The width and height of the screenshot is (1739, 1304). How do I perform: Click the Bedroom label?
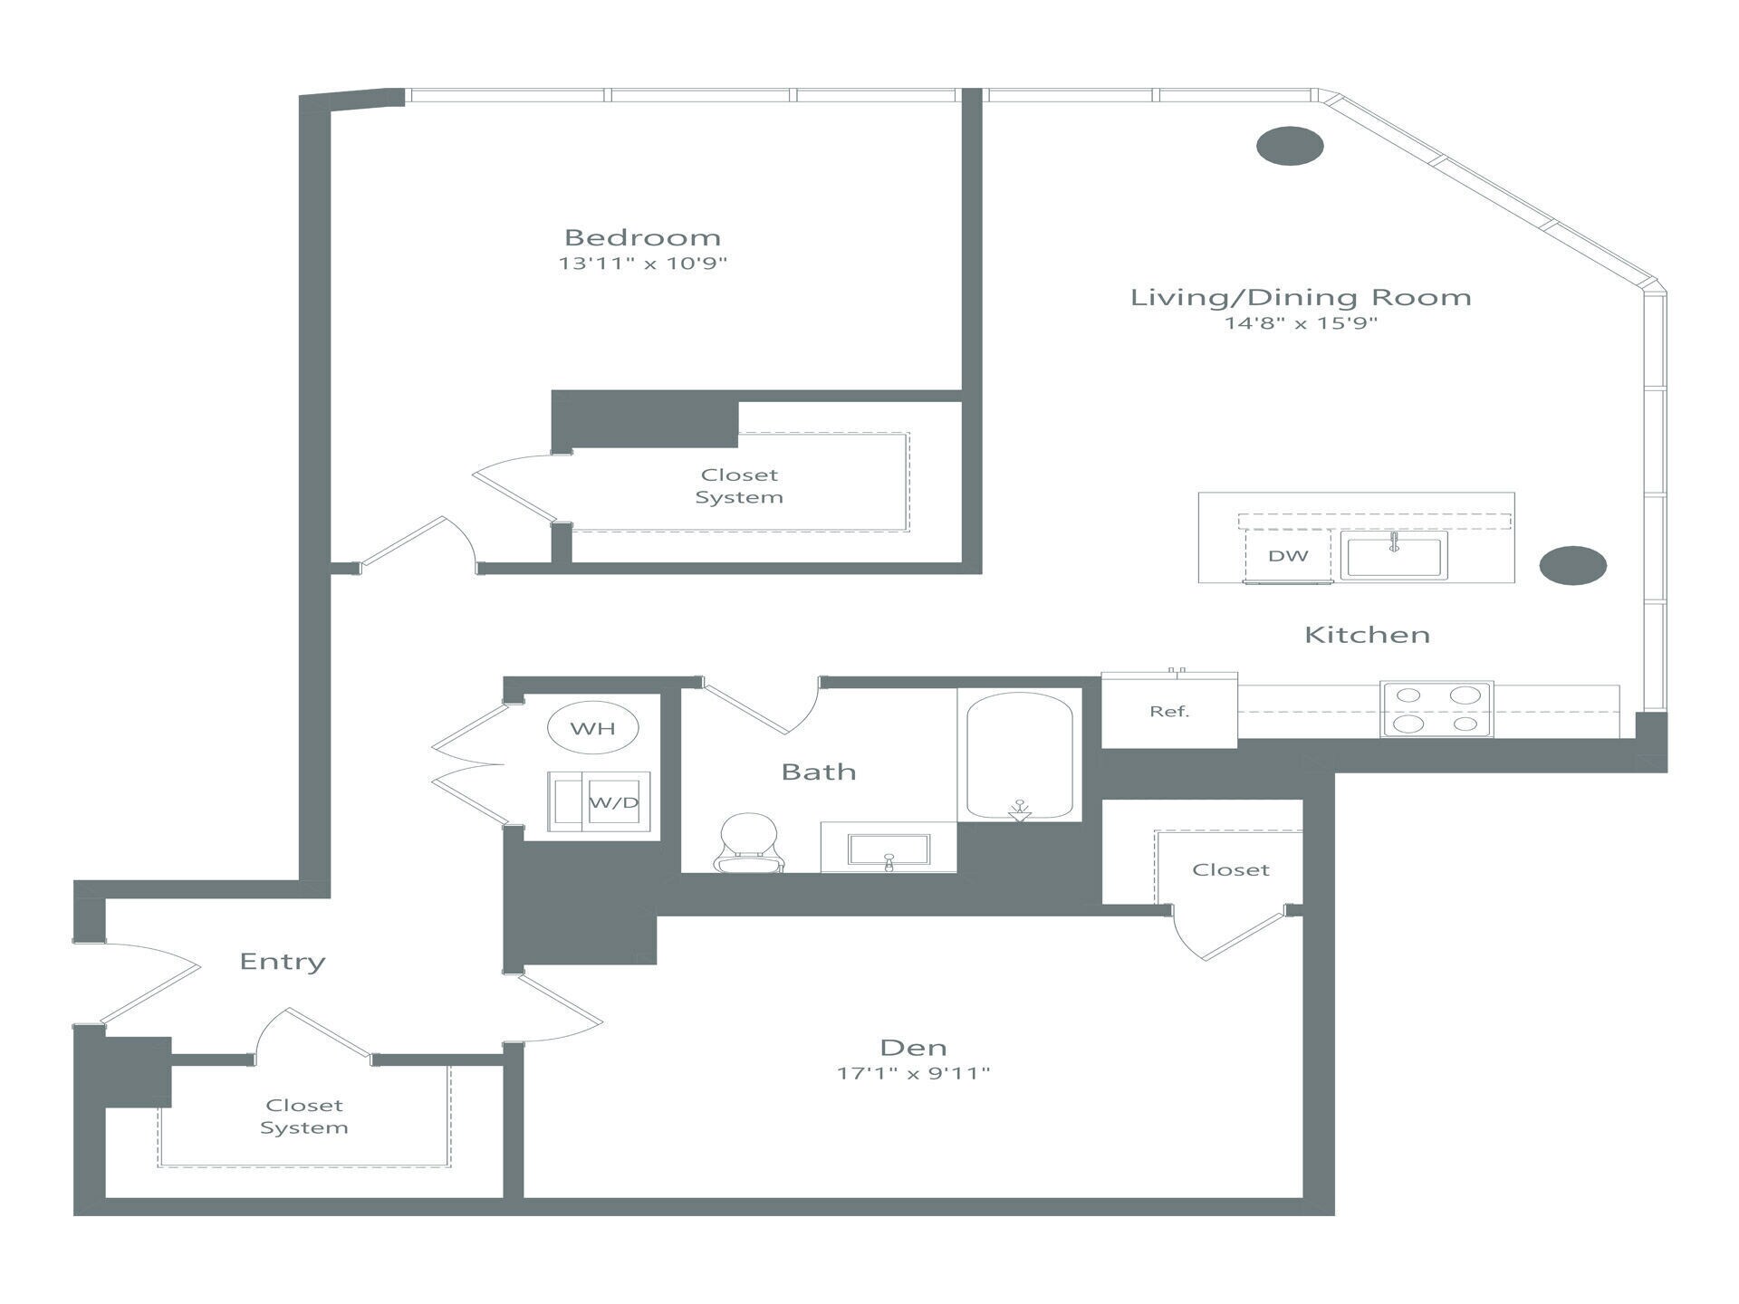pyautogui.click(x=642, y=238)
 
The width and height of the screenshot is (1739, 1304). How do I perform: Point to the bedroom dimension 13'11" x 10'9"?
pyautogui.click(x=642, y=264)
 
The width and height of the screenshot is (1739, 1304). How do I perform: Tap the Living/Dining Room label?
pyautogui.click(x=1300, y=298)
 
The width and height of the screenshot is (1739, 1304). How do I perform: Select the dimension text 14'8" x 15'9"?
pyautogui.click(x=1300, y=323)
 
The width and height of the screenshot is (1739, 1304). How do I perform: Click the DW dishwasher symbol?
pyautogui.click(x=1287, y=556)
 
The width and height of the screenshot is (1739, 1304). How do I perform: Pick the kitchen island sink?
pyautogui.click(x=1394, y=555)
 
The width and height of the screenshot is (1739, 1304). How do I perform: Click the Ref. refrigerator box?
pyautogui.click(x=1168, y=712)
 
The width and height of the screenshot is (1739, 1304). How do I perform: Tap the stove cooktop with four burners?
pyautogui.click(x=1436, y=709)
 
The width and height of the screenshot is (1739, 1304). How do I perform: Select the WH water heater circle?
pyautogui.click(x=593, y=728)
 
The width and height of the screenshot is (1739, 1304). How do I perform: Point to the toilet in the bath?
pyautogui.click(x=748, y=842)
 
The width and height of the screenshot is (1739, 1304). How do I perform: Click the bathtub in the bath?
pyautogui.click(x=1020, y=755)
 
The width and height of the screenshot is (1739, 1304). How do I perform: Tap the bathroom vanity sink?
pyautogui.click(x=889, y=849)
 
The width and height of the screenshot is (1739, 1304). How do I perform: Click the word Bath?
pyautogui.click(x=818, y=772)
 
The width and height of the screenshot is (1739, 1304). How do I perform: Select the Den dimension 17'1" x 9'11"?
pyautogui.click(x=913, y=1073)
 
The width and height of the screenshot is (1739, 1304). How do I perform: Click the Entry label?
pyautogui.click(x=282, y=962)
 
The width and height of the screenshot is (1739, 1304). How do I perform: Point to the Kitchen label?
pyautogui.click(x=1367, y=635)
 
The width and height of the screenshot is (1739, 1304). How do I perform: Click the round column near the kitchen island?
pyautogui.click(x=1572, y=565)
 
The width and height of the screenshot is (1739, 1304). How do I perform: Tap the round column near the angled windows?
pyautogui.click(x=1290, y=146)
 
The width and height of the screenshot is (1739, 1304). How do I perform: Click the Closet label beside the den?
pyautogui.click(x=1230, y=870)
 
